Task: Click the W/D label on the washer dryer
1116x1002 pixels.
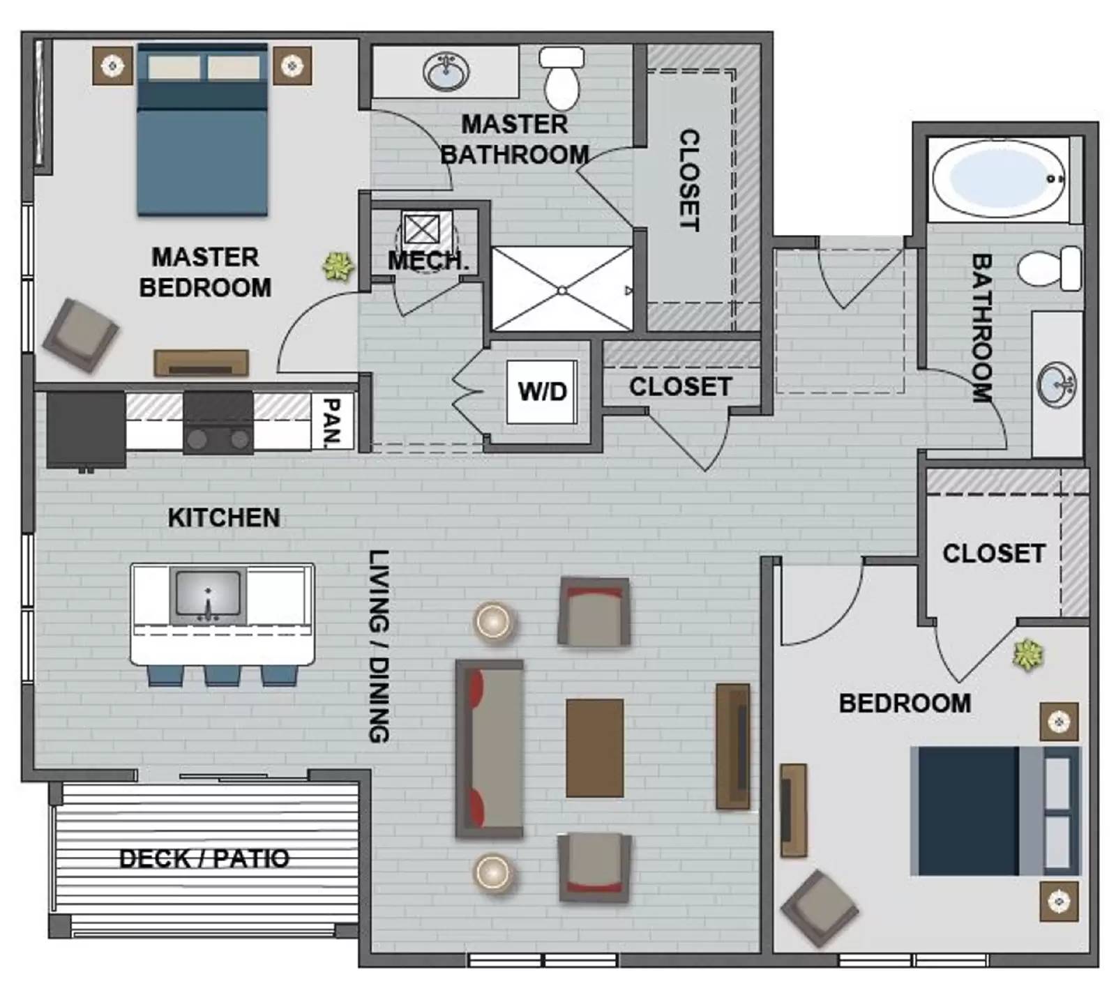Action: pos(542,391)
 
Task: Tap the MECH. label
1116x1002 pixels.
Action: pos(428,261)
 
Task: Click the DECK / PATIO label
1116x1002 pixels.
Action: pos(204,858)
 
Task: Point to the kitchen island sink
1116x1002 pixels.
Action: pos(208,596)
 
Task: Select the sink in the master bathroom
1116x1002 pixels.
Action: pos(446,72)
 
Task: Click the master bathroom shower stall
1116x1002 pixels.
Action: pos(562,289)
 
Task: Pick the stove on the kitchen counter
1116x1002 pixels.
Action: pos(218,423)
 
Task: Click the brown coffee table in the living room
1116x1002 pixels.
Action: pos(594,748)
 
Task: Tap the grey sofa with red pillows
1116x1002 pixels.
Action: pos(490,748)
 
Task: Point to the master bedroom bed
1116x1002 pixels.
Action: pos(202,130)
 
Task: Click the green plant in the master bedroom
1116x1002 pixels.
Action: pos(338,266)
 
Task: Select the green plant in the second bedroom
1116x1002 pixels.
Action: pos(1027,655)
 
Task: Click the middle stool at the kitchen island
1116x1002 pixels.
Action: pos(223,675)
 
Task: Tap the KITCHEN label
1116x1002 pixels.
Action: pos(224,518)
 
